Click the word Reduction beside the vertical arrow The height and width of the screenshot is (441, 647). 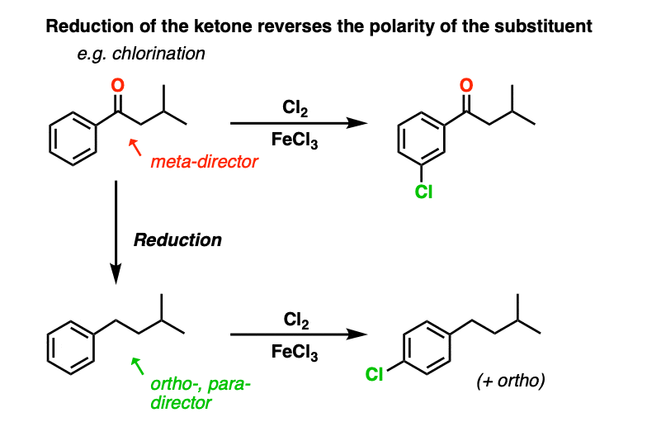[x=177, y=240]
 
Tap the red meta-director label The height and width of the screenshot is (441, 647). [x=204, y=163]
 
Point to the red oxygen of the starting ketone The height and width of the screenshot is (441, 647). [x=117, y=86]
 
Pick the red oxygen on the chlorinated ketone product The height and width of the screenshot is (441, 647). [x=466, y=85]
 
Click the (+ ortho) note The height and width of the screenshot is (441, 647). [x=510, y=382]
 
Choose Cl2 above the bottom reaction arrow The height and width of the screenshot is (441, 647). [x=295, y=318]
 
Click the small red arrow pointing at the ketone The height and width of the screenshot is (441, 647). [x=136, y=148]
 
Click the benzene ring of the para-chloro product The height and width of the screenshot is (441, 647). [x=426, y=348]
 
